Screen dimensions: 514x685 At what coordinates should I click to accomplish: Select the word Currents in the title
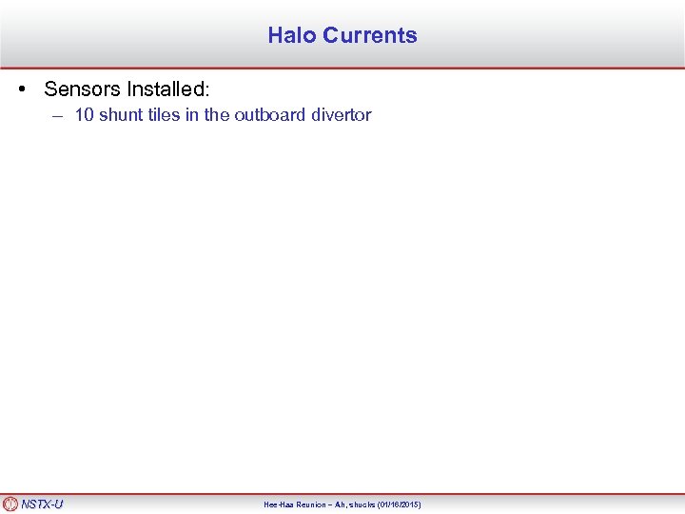(x=369, y=35)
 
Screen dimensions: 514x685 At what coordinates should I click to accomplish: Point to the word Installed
(x=166, y=89)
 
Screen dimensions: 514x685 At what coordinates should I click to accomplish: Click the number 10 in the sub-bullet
(x=84, y=115)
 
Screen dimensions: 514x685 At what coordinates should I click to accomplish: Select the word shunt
(x=121, y=115)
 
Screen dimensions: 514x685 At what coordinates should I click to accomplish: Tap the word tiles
(x=164, y=115)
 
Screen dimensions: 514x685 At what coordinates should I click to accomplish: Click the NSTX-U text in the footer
(x=42, y=504)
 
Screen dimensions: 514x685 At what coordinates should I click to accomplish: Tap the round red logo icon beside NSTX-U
(x=10, y=504)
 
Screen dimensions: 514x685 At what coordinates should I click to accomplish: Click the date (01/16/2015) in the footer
(x=398, y=504)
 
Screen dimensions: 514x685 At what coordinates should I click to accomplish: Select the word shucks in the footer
(x=360, y=504)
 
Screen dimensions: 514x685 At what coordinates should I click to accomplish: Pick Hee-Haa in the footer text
(x=279, y=504)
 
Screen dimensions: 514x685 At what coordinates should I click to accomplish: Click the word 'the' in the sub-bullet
(x=217, y=115)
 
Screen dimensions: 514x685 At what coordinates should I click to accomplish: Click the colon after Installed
(x=205, y=90)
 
